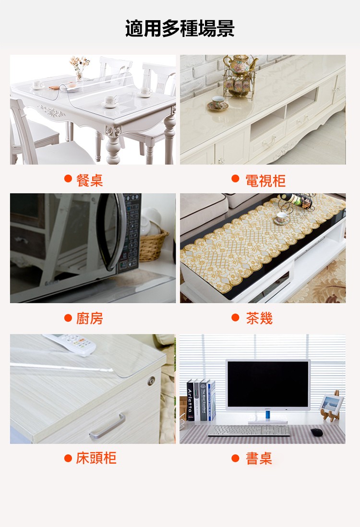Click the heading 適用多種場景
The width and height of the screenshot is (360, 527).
pos(180,28)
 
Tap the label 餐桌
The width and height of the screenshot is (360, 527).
pos(89,180)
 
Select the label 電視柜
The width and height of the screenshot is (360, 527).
pos(265,180)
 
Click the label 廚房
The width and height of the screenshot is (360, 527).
pos(89,318)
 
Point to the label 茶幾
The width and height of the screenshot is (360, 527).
pos(259,318)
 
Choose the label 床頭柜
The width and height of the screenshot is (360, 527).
pos(96,458)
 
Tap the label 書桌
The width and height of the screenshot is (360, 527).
pos(259,458)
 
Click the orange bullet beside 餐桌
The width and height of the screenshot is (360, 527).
pos(68,178)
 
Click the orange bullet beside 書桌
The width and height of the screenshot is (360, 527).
pos(235,458)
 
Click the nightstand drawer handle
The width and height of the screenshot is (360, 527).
pos(107,427)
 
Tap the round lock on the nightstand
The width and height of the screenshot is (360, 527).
pos(151,381)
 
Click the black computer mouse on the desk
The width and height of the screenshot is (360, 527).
pos(317,432)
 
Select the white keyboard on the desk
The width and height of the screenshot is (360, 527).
pos(249,431)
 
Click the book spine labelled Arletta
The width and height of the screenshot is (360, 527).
pos(190,400)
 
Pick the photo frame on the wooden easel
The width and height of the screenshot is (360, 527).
pos(331,405)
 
